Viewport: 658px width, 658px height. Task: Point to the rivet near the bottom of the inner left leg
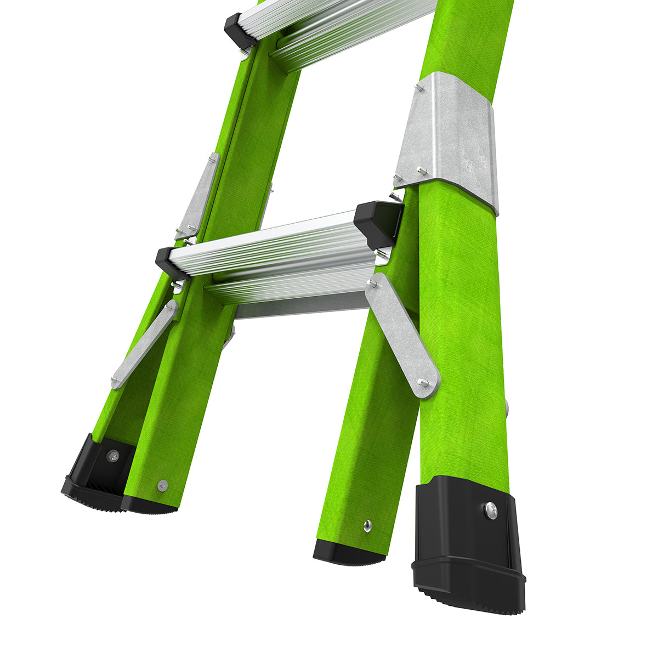[x=162, y=485]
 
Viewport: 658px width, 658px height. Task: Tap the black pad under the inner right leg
[x=349, y=553]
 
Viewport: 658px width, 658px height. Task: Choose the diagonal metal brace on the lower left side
[x=144, y=344]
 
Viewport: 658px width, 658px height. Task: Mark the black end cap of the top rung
[x=240, y=30]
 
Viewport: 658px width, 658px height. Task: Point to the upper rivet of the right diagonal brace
[x=373, y=283]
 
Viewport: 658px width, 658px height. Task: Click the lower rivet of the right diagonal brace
[x=423, y=383]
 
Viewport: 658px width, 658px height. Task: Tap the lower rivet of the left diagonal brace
[x=116, y=380]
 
